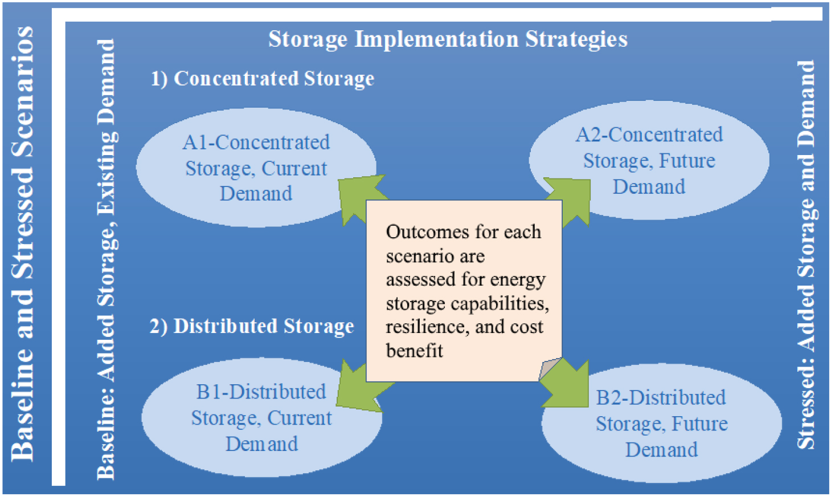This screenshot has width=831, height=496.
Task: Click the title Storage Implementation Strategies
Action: pos(448,39)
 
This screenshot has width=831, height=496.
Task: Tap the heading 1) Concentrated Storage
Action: pos(262,79)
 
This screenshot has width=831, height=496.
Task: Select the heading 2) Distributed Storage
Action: pos(252,326)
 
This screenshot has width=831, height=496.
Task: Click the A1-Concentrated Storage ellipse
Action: pos(256,168)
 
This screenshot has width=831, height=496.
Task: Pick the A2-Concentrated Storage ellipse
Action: pos(649,160)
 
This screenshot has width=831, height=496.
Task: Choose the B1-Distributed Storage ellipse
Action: pos(261,417)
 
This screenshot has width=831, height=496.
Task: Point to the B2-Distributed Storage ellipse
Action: pos(662,423)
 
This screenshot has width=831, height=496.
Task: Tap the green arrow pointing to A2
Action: pos(570,201)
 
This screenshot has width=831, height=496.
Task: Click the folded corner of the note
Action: pos(549,369)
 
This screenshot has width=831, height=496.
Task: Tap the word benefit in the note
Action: pos(415,350)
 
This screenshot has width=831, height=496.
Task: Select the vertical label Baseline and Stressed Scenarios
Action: pos(22,244)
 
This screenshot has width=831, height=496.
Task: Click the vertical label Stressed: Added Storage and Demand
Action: pos(806,255)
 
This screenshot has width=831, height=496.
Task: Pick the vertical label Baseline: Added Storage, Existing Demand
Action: pos(107,259)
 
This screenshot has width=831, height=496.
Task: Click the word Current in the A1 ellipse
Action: pos(294,169)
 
